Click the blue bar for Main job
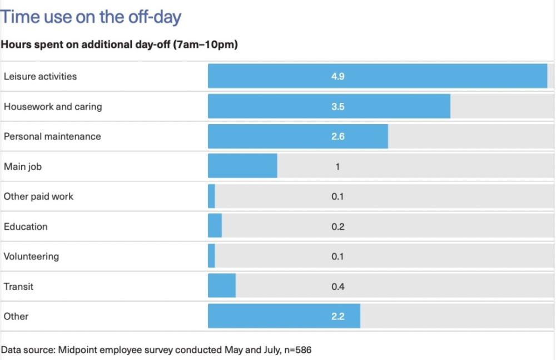242,166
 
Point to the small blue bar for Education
215,226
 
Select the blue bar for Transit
221,287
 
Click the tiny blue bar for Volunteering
211,257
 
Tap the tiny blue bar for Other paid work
211,196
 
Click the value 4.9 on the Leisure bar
337,76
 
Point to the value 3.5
337,106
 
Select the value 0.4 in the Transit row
337,287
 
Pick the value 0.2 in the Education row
337,226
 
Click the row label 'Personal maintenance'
52,136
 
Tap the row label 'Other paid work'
38,196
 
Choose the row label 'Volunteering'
31,257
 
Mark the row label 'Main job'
23,166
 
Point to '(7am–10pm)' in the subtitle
206,45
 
